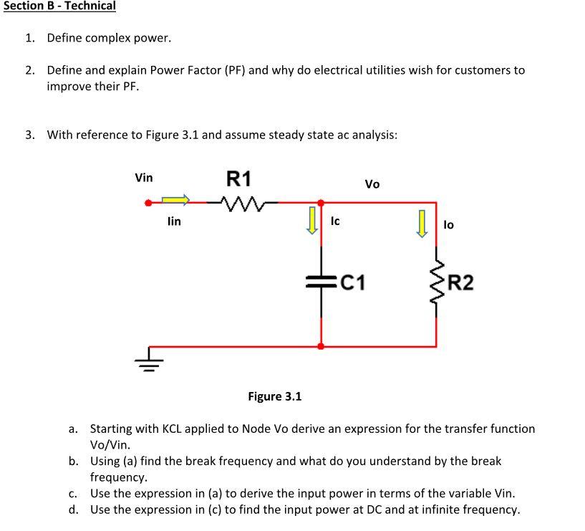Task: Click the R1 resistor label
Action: [239, 178]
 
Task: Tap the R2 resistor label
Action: [460, 283]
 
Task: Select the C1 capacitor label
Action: [352, 283]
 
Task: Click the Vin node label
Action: [144, 178]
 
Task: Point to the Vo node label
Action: [372, 184]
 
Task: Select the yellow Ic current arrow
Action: [312, 221]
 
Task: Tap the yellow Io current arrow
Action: [422, 223]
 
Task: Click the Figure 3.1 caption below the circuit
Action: [275, 396]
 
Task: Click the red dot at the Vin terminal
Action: [149, 203]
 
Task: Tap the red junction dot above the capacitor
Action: [321, 203]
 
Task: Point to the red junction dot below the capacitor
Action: [321, 345]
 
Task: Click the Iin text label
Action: [174, 222]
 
